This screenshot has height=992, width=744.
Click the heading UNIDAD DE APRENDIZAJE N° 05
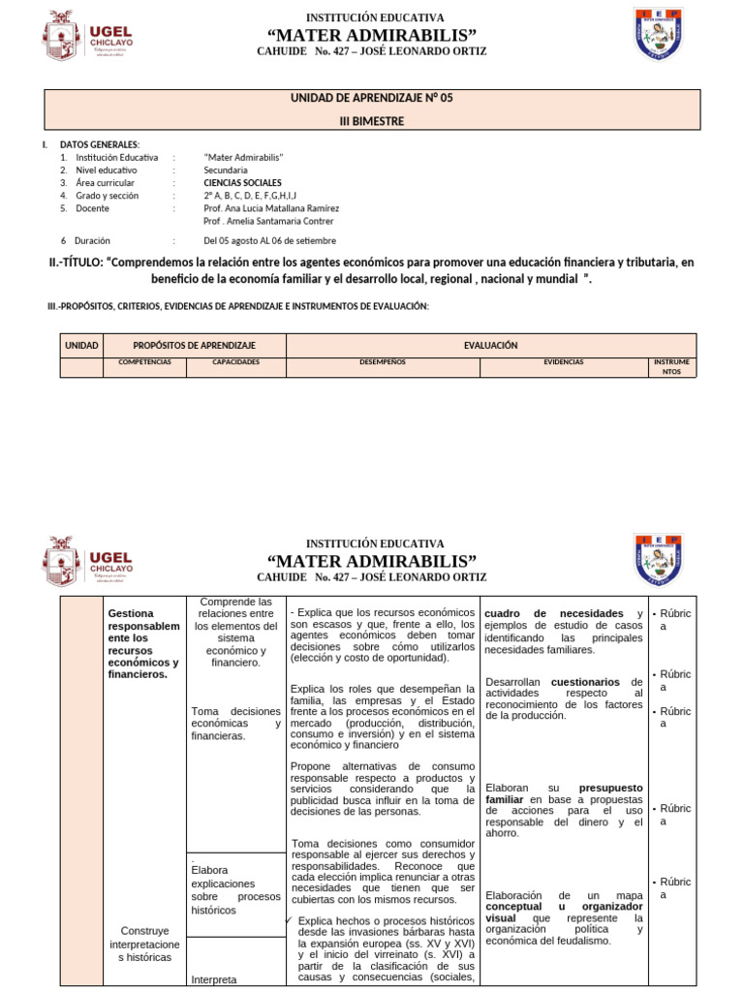[372, 98]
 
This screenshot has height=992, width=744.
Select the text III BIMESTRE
[372, 121]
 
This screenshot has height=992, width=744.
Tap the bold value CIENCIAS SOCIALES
[243, 182]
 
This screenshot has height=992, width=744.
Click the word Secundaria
[226, 170]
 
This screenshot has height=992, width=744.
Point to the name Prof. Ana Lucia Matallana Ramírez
[270, 207]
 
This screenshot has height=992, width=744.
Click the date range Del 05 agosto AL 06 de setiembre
[269, 240]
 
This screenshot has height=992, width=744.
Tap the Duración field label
[92, 240]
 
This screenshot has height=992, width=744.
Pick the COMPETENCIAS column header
[144, 361]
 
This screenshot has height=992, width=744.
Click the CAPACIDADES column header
[236, 361]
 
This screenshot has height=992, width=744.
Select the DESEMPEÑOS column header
[383, 361]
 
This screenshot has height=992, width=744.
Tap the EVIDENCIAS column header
[563, 361]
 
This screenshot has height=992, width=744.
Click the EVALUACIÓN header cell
[490, 345]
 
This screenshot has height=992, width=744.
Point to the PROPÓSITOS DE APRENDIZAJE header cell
[194, 345]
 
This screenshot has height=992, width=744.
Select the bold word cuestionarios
[585, 682]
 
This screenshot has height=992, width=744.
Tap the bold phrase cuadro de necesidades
[552, 613]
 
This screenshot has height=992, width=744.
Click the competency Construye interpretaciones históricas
[143, 944]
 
